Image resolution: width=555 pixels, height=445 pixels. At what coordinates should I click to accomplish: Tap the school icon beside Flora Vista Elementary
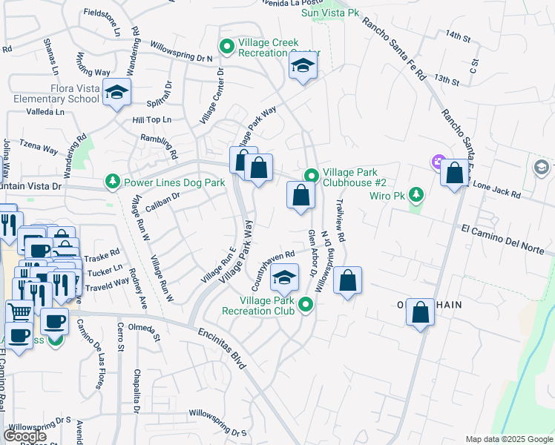pos(117,93)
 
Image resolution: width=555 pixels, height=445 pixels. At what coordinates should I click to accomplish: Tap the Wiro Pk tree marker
pos(416,196)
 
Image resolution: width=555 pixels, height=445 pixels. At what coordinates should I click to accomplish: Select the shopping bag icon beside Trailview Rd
pos(347,280)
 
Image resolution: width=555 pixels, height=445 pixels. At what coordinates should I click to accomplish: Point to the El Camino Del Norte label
pos(508,237)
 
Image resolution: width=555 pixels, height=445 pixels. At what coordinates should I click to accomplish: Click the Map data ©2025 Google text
pos(508,439)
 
